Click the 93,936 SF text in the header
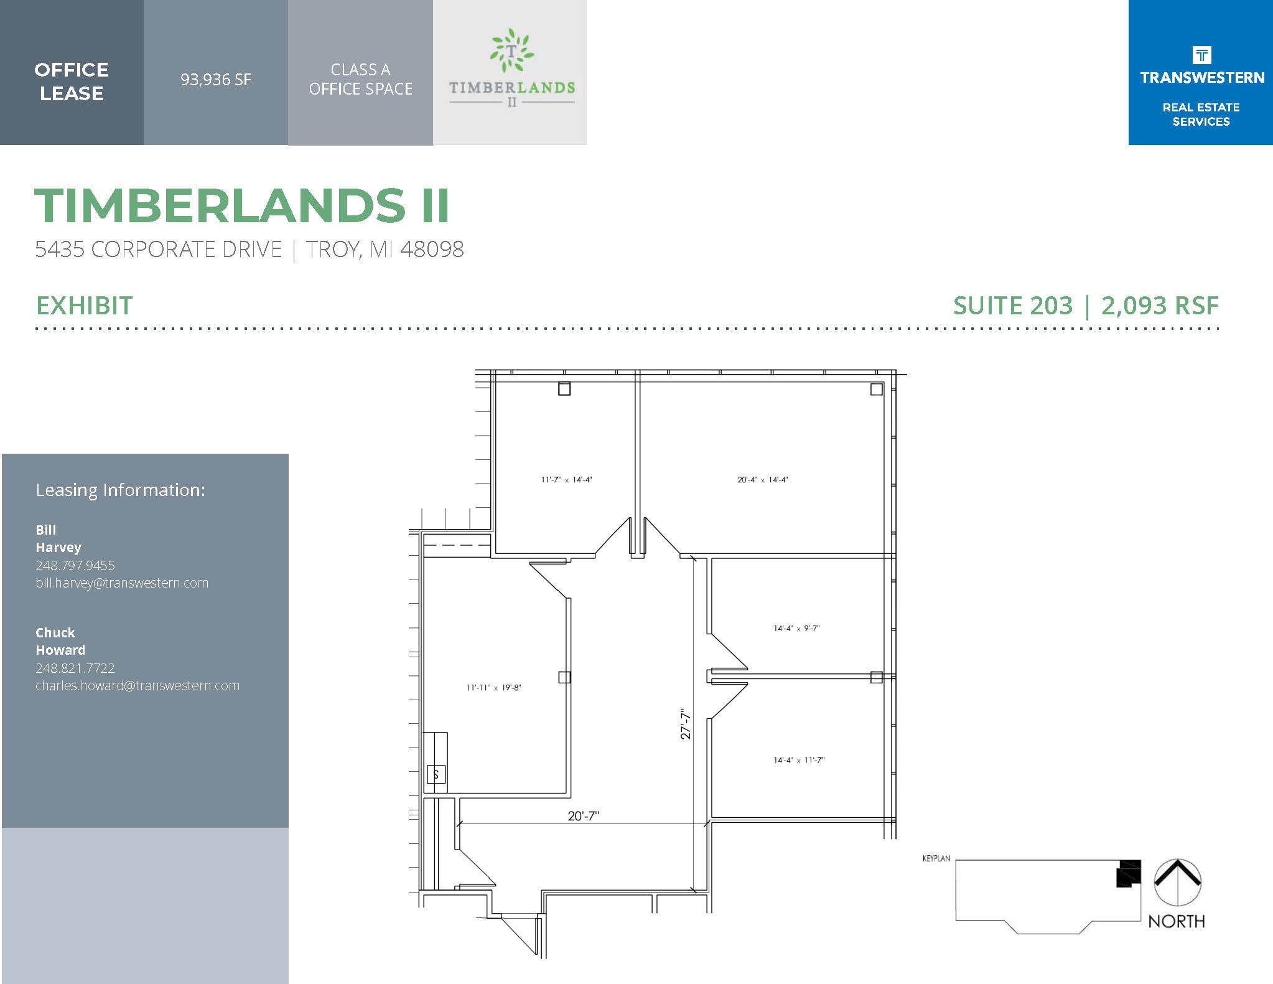(x=216, y=80)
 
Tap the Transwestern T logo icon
(x=1201, y=55)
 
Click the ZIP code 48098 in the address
(x=432, y=250)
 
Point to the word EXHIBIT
(x=85, y=306)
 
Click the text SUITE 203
(x=1013, y=306)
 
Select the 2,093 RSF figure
(x=1160, y=306)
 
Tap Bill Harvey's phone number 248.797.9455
(x=75, y=565)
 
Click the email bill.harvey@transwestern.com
(x=122, y=583)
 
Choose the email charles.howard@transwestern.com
(x=138, y=686)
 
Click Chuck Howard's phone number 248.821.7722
(x=75, y=668)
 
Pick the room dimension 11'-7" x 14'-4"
(x=566, y=480)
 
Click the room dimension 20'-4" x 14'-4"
(x=763, y=480)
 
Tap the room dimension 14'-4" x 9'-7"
(x=796, y=629)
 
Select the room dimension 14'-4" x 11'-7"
(x=799, y=761)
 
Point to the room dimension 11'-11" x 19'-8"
(x=494, y=688)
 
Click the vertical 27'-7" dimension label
(x=686, y=723)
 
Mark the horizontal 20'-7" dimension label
(x=583, y=816)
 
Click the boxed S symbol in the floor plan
(x=436, y=775)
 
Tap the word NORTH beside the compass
(x=1176, y=921)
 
